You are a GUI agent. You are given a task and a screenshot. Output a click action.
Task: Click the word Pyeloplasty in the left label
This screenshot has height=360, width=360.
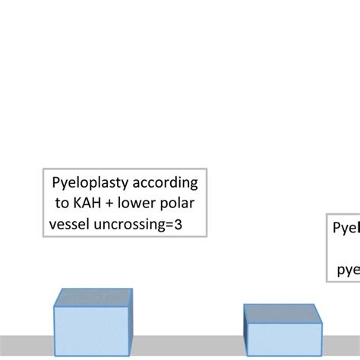point(87,184)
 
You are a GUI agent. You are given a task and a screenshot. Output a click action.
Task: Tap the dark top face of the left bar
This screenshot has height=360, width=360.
point(94,298)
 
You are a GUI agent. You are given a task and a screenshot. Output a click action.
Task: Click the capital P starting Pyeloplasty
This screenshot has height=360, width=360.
point(55,184)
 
